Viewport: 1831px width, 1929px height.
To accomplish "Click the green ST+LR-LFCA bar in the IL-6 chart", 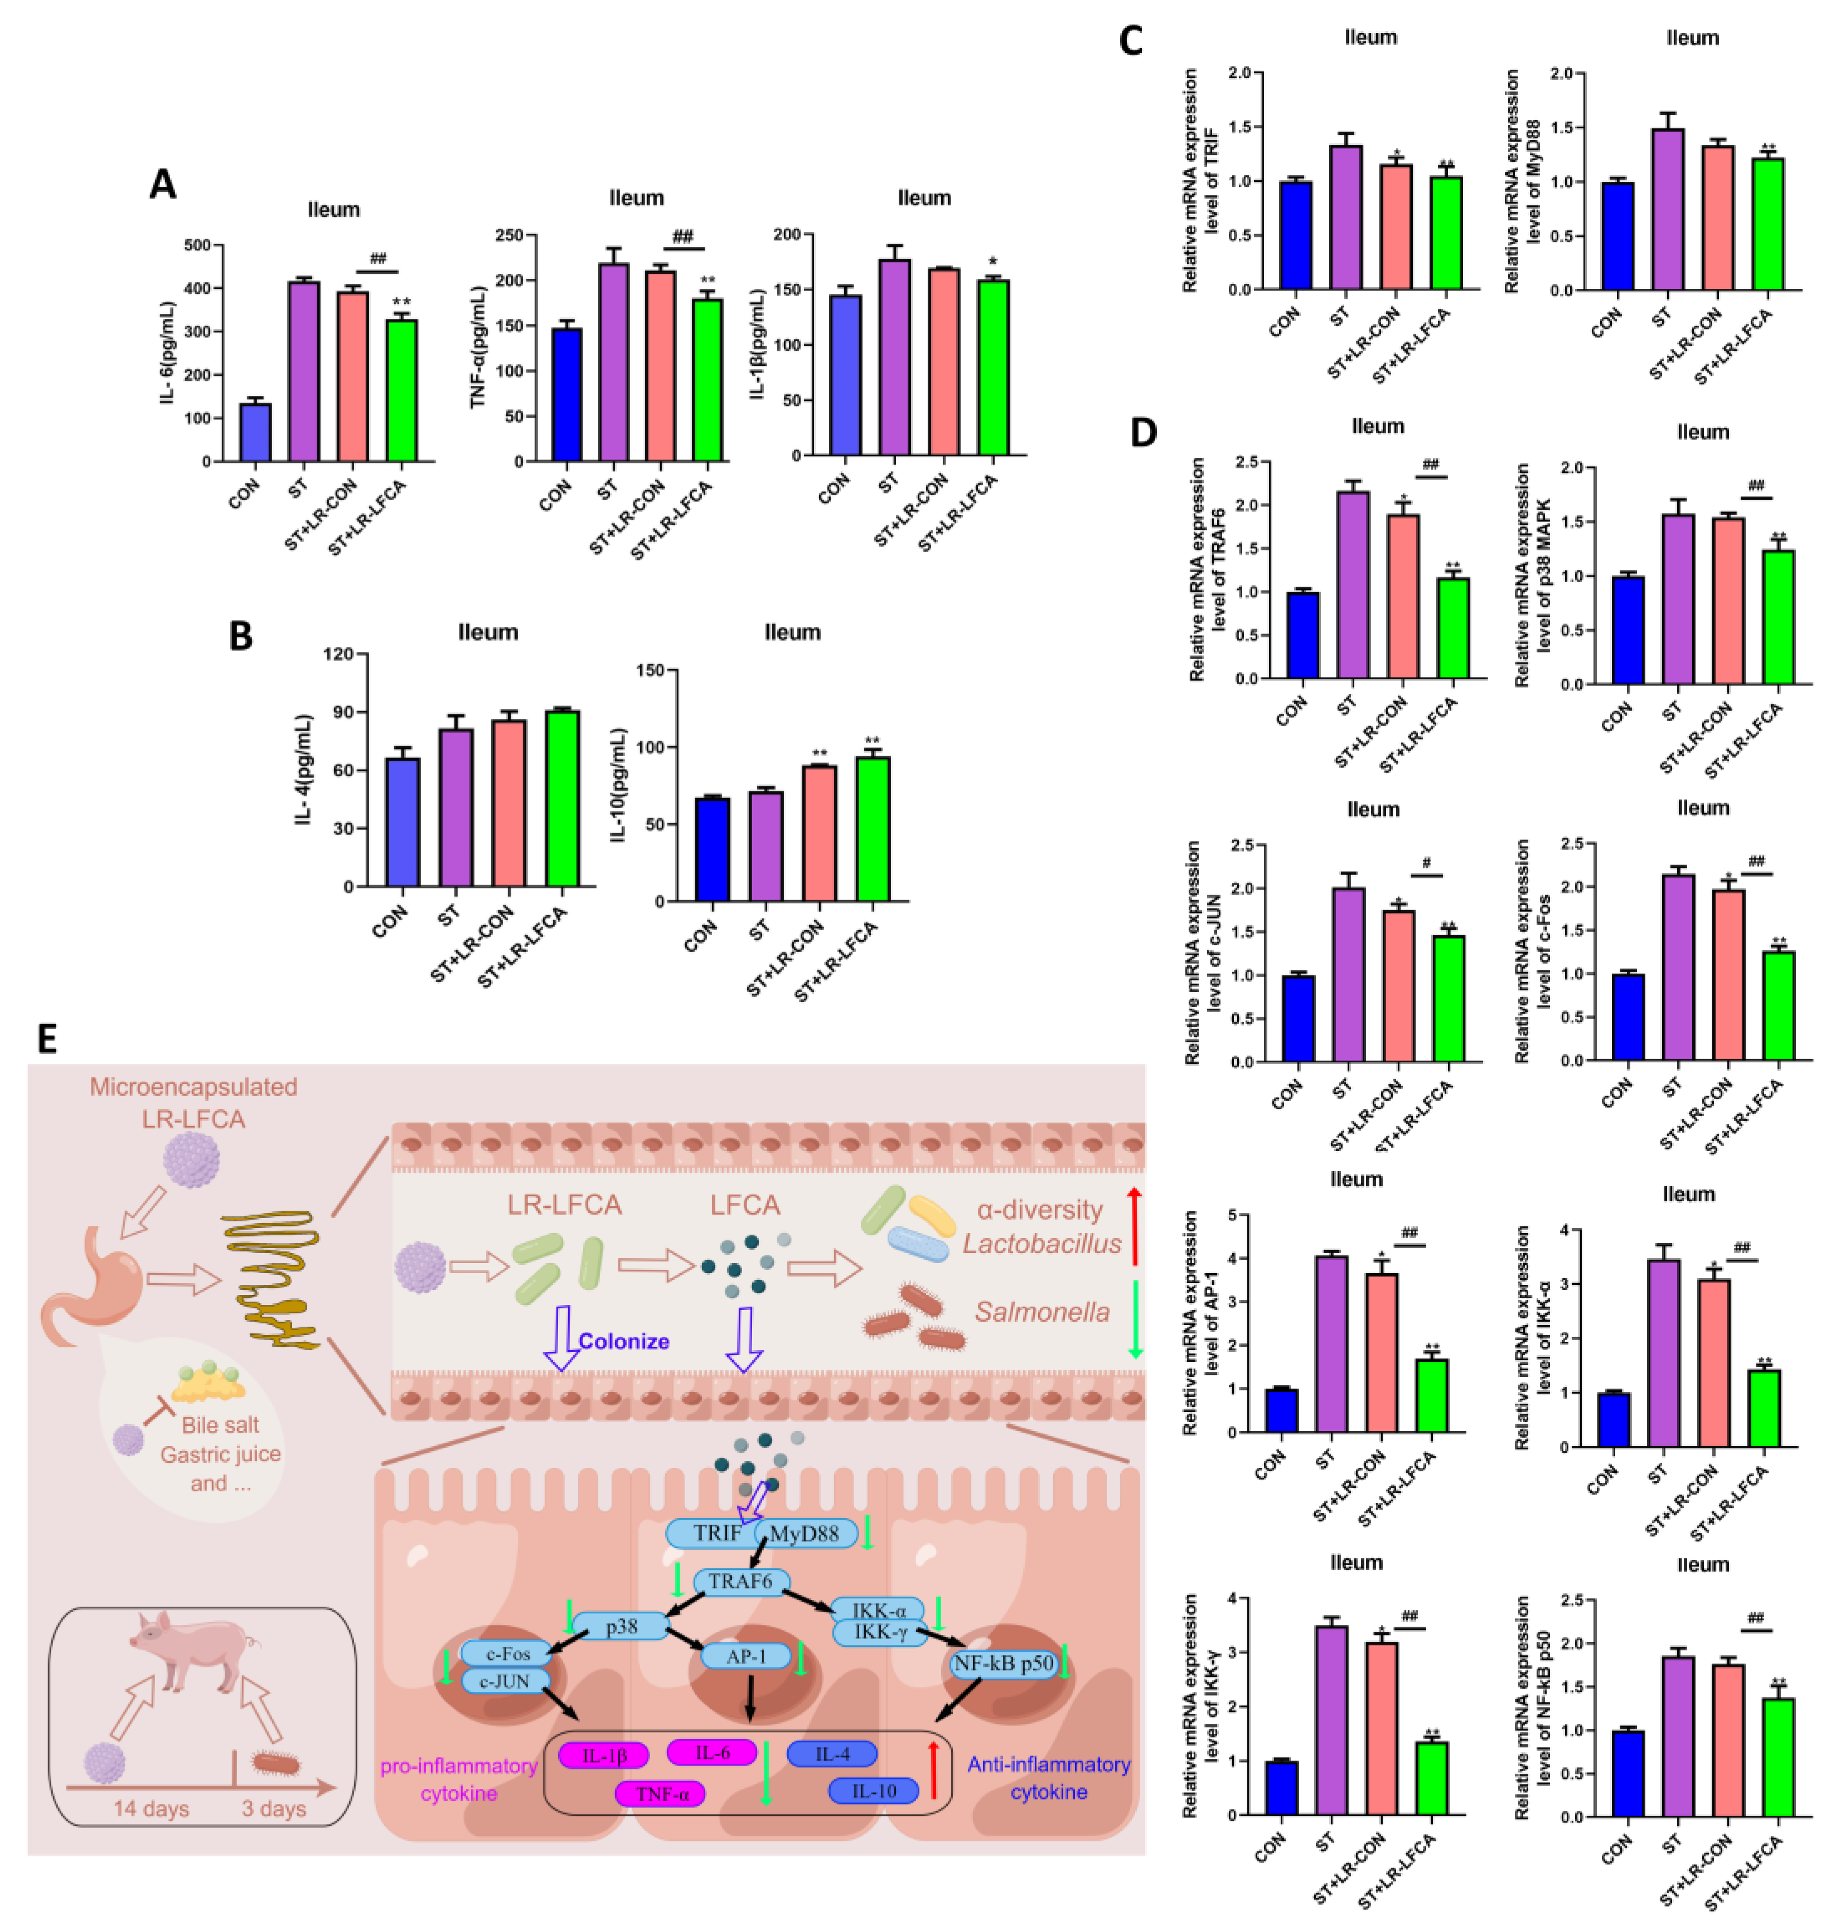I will pos(401,390).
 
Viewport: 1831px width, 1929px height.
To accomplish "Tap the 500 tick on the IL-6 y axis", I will pos(198,245).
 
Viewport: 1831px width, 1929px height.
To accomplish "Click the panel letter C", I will pos(1130,41).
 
